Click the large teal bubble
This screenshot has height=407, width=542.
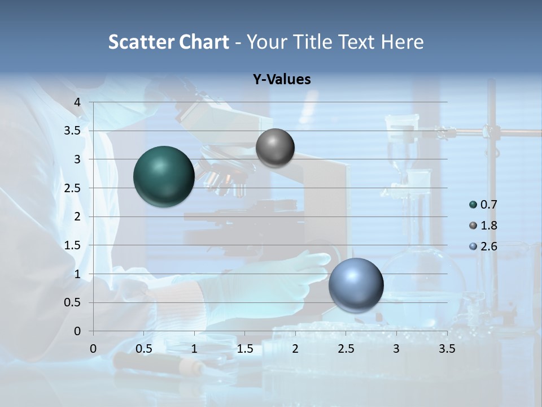click(164, 176)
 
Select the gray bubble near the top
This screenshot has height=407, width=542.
click(275, 148)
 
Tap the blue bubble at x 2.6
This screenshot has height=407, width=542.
click(356, 285)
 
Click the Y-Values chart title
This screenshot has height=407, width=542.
click(282, 80)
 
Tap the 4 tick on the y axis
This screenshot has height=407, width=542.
click(77, 102)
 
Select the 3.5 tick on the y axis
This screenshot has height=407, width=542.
click(73, 131)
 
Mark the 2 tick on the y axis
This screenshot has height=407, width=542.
click(77, 217)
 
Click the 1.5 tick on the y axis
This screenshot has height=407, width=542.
click(73, 245)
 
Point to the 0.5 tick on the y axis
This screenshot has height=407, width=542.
click(73, 302)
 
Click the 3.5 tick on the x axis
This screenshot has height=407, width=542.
click(447, 349)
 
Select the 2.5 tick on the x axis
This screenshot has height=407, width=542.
click(346, 349)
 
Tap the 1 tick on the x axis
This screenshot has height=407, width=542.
click(194, 349)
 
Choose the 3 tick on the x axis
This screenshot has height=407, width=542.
click(396, 349)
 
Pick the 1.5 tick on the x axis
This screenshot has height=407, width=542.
click(244, 349)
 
